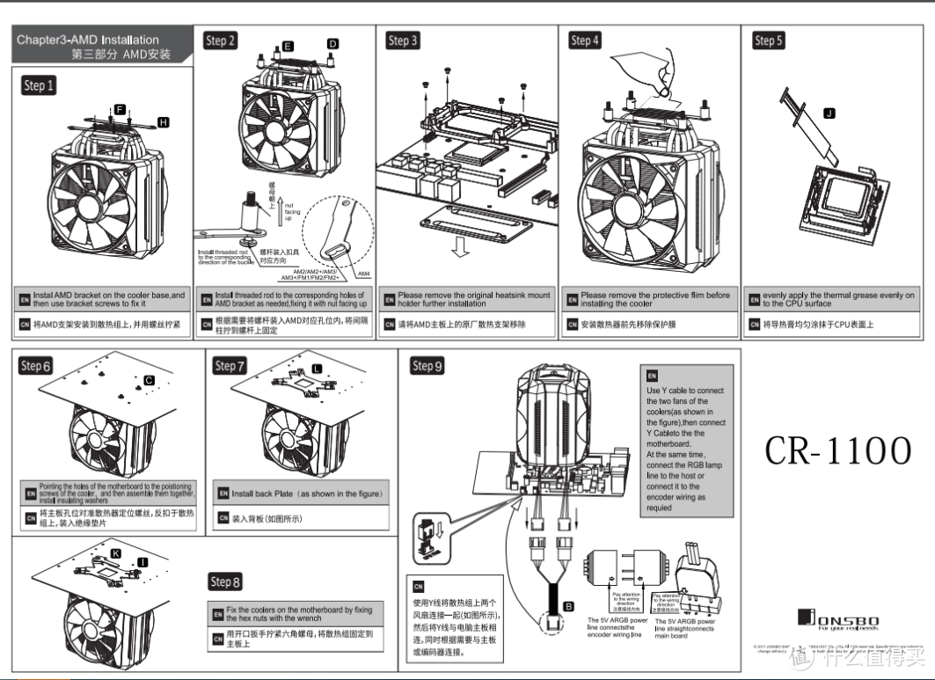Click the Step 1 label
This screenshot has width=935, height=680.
pos(40,85)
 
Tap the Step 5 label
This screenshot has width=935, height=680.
pos(768,40)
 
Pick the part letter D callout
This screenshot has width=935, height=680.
pos(332,43)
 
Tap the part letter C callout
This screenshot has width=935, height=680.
pos(149,379)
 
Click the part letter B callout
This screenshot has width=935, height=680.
pos(568,606)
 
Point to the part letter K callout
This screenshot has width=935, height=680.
pos(116,552)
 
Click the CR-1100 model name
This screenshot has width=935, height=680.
pos(837,450)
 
